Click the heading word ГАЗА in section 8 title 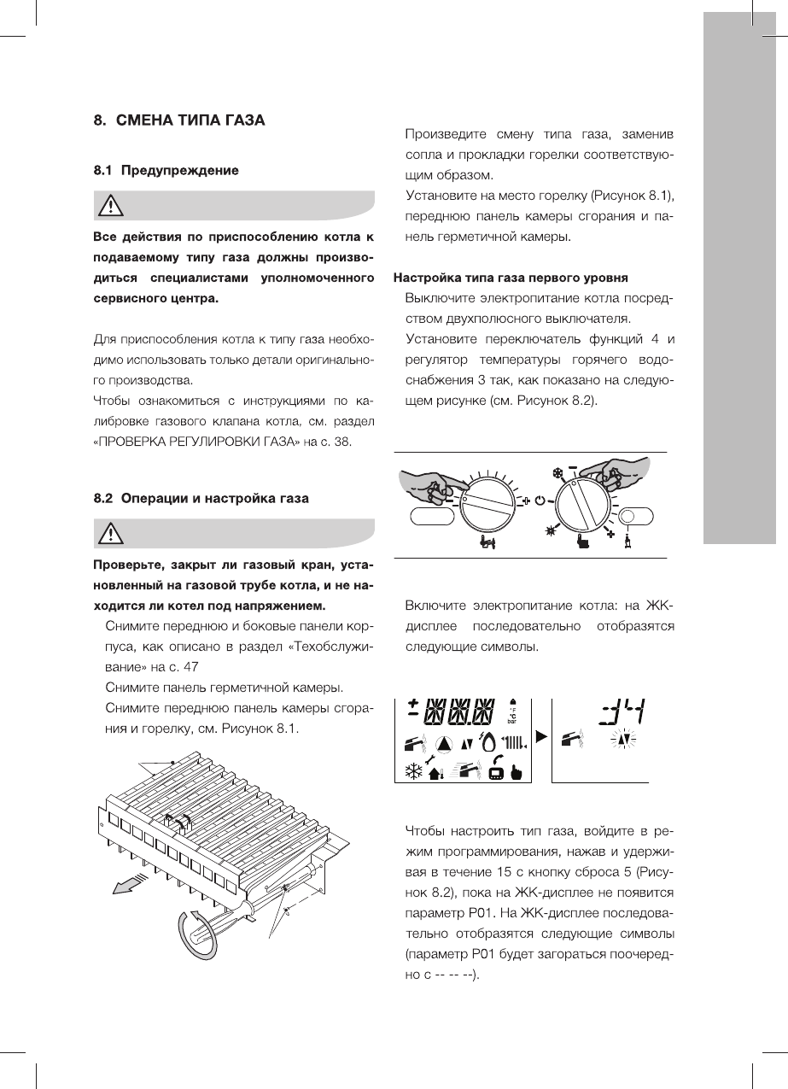click(242, 120)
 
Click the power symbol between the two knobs click(540, 500)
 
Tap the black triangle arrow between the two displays click(540, 735)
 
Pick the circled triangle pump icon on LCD click(445, 745)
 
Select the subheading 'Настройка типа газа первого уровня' click(511, 278)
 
